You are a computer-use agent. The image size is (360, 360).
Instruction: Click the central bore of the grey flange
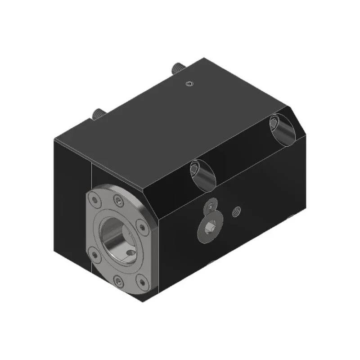click(116, 237)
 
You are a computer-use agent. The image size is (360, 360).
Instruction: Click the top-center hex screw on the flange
click(118, 201)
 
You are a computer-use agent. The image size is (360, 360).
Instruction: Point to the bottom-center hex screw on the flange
click(118, 282)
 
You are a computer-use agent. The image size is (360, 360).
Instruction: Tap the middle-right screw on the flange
click(141, 226)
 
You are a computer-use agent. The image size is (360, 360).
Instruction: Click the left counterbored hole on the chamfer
click(200, 174)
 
